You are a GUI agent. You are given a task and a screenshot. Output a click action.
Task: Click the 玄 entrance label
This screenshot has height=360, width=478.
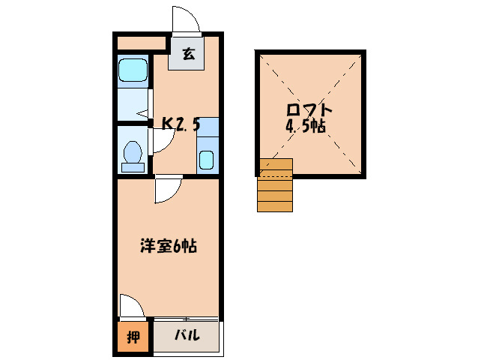point(187,54)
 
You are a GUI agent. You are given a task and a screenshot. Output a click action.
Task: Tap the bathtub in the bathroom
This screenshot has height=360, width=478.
point(134,72)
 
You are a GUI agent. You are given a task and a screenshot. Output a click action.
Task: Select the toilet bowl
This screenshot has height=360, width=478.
point(133,153)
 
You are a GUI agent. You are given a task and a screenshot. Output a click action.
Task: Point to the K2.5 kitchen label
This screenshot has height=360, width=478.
point(181,124)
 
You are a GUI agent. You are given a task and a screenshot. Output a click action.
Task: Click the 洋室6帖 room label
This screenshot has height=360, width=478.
point(169,245)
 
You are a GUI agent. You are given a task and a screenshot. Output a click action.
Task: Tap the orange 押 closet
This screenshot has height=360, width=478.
point(133,337)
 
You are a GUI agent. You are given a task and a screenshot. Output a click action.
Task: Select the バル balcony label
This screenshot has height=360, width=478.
point(187,336)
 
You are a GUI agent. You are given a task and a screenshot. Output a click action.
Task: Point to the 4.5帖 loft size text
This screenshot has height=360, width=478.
point(306,126)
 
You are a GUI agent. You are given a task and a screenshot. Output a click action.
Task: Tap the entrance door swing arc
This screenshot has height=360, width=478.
point(186,19)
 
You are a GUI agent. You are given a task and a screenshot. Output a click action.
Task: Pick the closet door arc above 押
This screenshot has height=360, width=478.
point(131,306)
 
